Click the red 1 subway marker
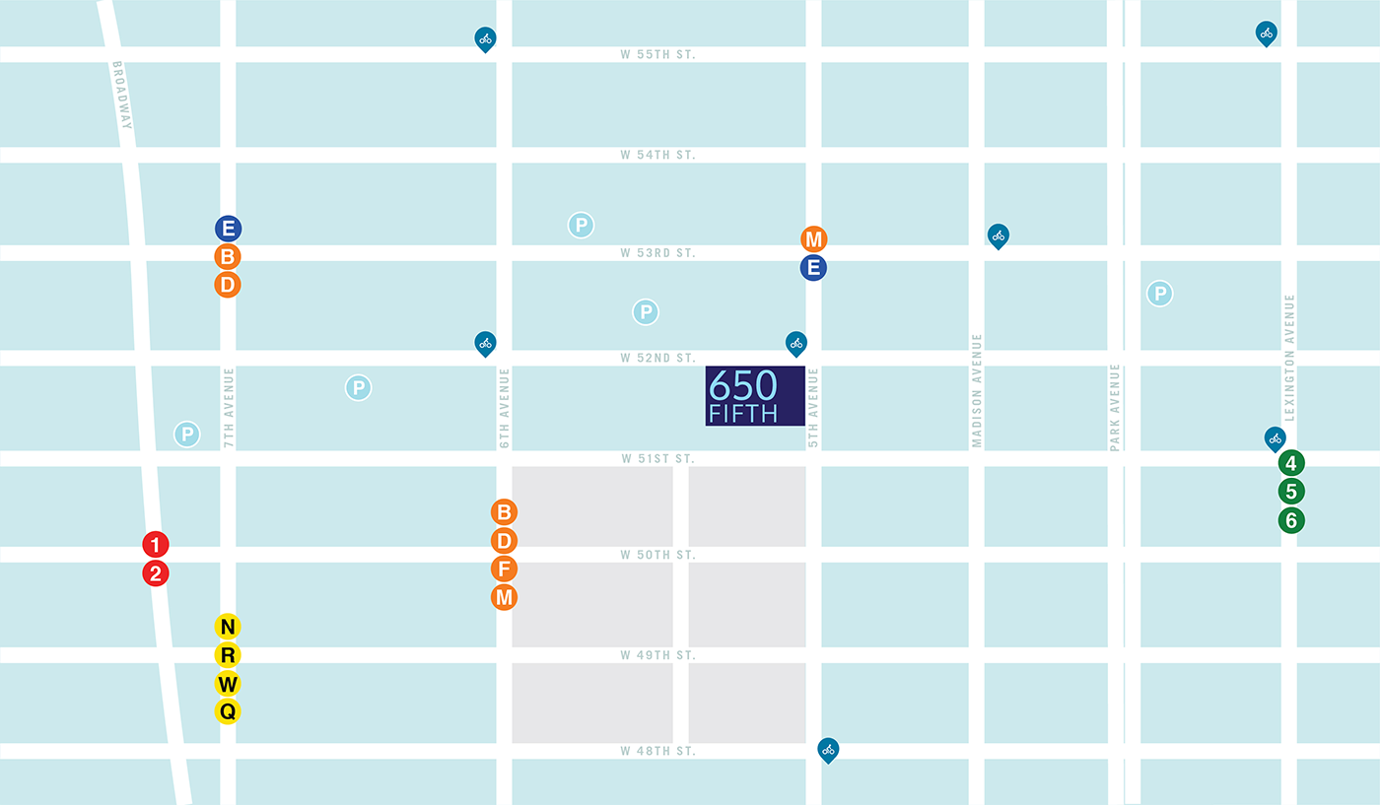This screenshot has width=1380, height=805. pos(156,544)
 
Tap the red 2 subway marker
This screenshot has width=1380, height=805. pos(156,572)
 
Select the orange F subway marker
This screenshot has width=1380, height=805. pos(504,569)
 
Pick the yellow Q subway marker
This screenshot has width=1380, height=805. pos(228,710)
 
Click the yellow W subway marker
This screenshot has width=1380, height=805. pos(228,683)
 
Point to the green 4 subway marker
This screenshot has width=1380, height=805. pos(1291,463)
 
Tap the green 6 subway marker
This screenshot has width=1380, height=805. pos(1291,519)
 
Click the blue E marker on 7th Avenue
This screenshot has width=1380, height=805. pos(228,229)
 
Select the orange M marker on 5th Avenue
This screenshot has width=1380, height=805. pos(813,239)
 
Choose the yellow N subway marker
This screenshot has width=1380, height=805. pos(228,627)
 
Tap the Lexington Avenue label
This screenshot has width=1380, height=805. pos(1289,344)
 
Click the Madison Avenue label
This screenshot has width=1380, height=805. pos(977,390)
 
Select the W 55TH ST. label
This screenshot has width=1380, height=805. pos(657,54)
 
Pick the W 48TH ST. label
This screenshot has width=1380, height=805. pos(657,752)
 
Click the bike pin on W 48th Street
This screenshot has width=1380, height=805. pos(829,750)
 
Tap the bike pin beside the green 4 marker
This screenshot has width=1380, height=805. pos(1276,437)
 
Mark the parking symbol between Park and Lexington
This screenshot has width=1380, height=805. pos(1160,293)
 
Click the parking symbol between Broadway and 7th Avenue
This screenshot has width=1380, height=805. pos(186,434)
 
